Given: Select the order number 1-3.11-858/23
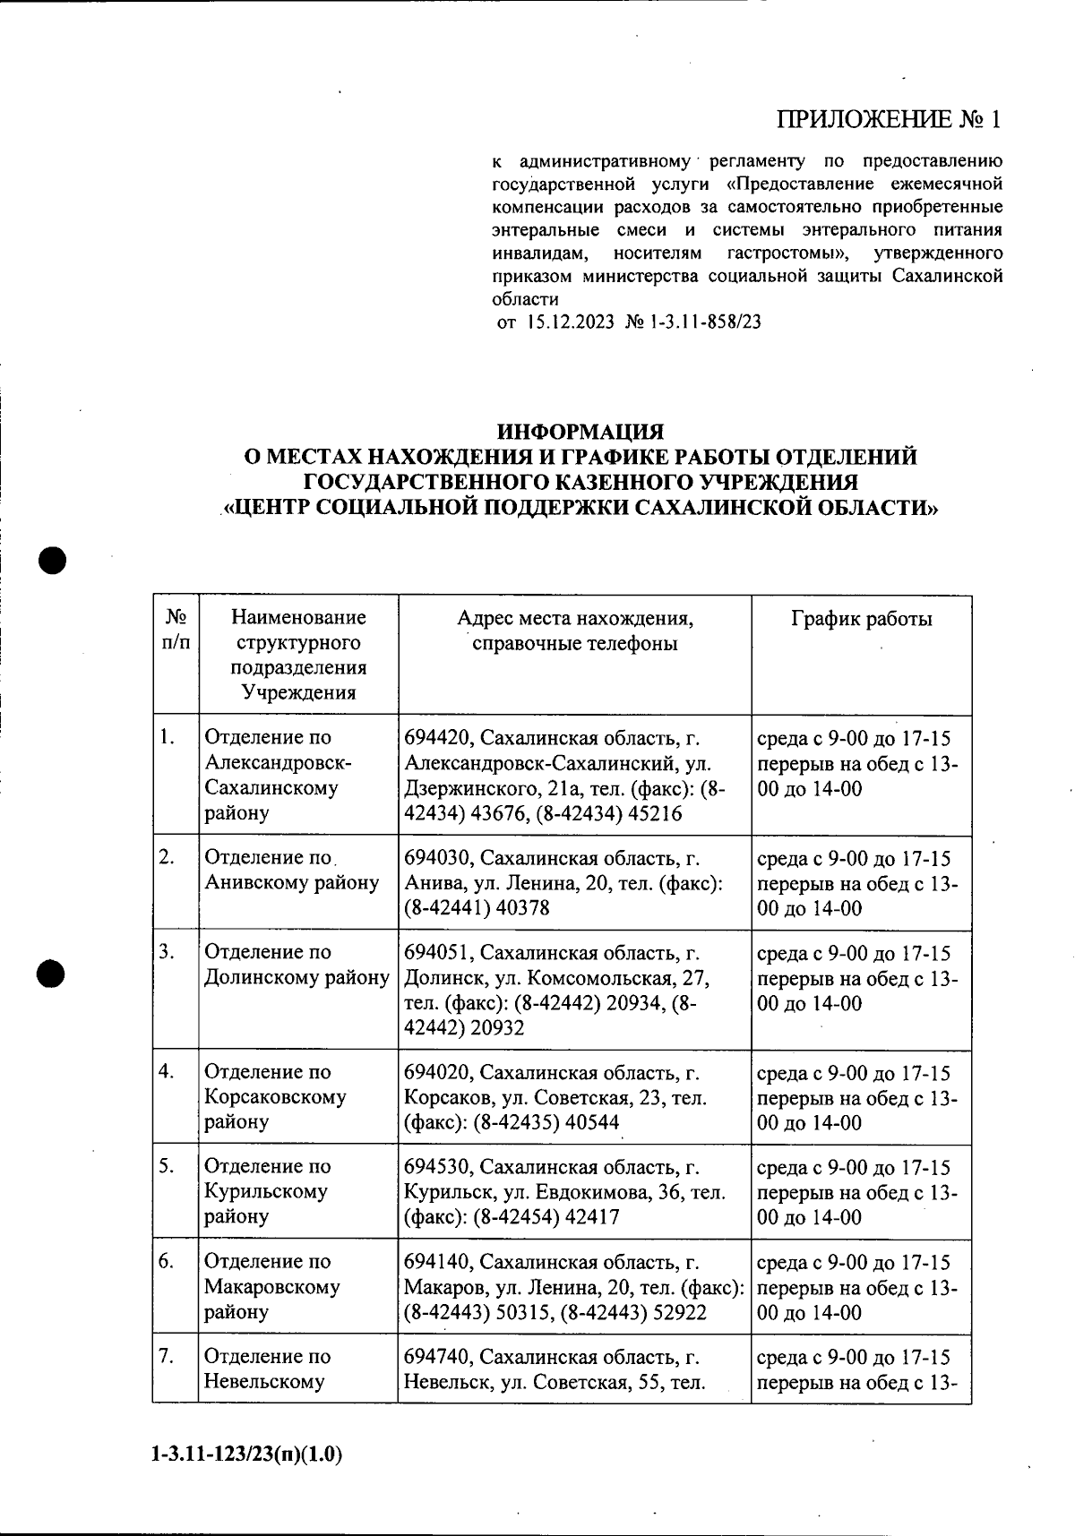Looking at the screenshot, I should [700, 322].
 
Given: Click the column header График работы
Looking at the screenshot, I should [861, 619].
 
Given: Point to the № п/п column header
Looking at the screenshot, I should [176, 630].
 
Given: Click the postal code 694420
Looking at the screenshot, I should [435, 739].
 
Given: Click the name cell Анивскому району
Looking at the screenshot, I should [292, 883].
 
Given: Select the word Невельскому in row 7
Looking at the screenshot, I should [264, 1382].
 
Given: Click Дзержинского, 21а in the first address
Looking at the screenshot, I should [484, 789].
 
